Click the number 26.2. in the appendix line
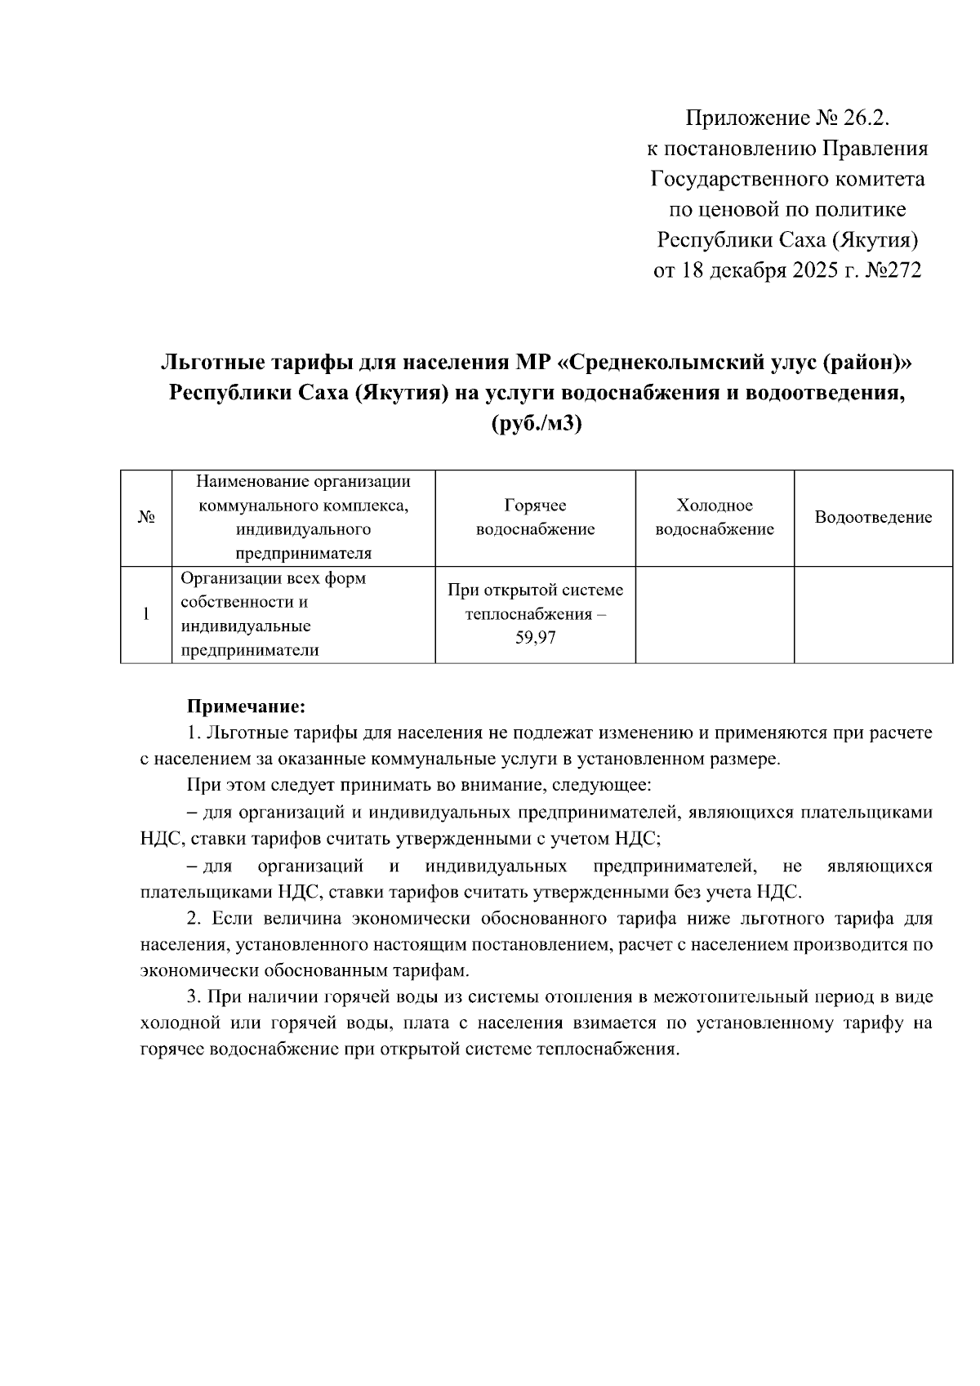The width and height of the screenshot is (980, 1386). (859, 119)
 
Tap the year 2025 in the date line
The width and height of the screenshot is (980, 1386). (817, 270)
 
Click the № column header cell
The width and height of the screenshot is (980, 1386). (146, 518)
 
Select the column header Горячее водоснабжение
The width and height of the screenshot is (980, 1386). (535, 518)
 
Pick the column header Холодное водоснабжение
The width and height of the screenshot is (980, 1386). (715, 518)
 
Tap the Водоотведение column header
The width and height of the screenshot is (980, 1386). (873, 518)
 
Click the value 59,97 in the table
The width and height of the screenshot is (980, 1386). (535, 638)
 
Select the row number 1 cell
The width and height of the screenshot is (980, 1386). (146, 614)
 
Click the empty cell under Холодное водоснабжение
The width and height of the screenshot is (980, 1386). (715, 614)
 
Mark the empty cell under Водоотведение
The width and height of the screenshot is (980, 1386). (873, 614)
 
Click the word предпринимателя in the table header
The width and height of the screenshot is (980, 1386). (303, 554)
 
